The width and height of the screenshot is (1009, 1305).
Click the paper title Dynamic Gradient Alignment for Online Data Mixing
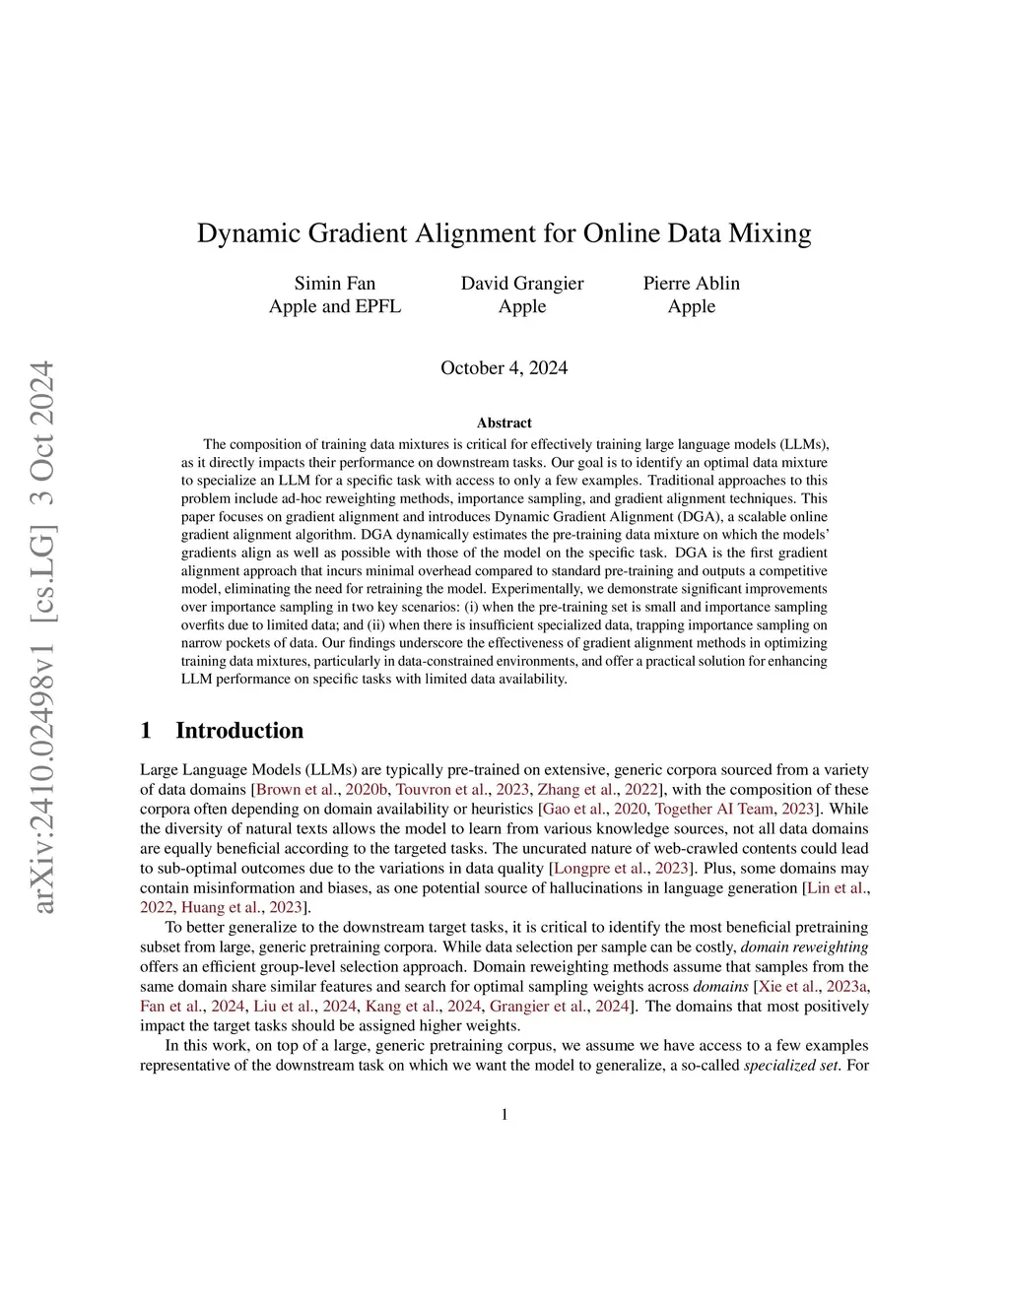(x=504, y=233)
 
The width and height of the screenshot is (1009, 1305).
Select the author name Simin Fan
(x=335, y=284)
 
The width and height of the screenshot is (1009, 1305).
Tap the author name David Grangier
(x=522, y=284)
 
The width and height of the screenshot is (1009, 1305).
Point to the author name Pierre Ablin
(x=691, y=284)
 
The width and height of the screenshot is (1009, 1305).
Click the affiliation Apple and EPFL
(x=335, y=306)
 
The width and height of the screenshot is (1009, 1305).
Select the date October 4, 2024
(x=504, y=368)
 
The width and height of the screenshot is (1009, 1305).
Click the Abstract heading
(x=504, y=423)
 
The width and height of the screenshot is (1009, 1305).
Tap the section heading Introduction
(x=239, y=731)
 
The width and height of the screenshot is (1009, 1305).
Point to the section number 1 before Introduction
(x=146, y=731)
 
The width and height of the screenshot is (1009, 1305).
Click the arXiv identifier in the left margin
(x=43, y=636)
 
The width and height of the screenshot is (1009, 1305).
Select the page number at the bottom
(x=504, y=1115)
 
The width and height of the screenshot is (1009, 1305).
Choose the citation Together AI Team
(x=714, y=810)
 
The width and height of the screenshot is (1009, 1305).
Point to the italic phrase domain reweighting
(x=805, y=947)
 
